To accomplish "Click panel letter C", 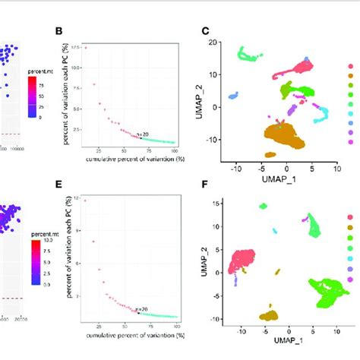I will point(204,31).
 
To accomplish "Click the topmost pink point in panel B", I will point(85,48).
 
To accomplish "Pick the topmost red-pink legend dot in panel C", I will point(350,67).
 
